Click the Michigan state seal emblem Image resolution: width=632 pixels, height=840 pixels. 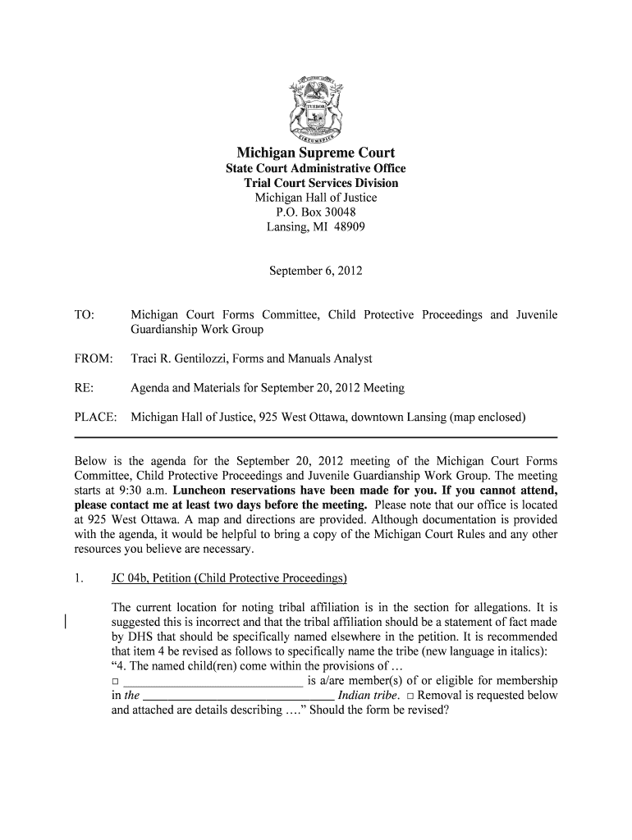click(x=315, y=109)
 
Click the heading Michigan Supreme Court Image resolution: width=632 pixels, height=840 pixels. click(x=316, y=153)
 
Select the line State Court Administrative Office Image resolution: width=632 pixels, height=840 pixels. click(x=316, y=169)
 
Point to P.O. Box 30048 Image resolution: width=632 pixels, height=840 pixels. click(x=316, y=212)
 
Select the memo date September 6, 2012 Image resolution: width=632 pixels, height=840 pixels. click(x=316, y=270)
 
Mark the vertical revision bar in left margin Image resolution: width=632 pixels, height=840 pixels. click(x=66, y=623)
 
